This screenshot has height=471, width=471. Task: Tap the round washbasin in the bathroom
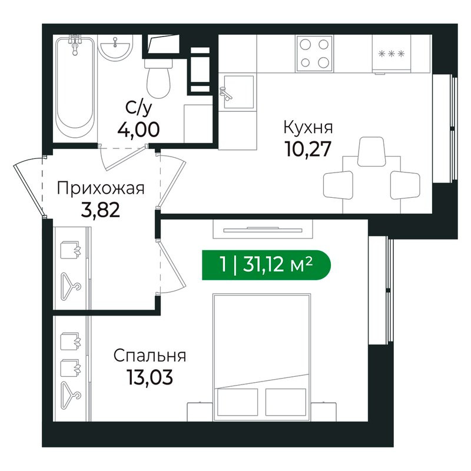coord(115,48)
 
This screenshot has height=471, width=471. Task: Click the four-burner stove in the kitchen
coord(314,54)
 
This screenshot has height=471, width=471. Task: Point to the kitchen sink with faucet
coord(238,92)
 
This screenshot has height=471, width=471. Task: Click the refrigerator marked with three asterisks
coord(391,54)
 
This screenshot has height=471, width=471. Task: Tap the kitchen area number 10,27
coord(308,149)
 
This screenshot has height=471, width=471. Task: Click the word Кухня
coord(308,127)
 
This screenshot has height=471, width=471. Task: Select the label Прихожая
coord(101,188)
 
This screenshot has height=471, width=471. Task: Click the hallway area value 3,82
coord(101,210)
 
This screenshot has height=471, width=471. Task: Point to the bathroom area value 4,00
coord(138,130)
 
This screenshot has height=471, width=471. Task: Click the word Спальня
coord(150,356)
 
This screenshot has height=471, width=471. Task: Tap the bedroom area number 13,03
coord(150,377)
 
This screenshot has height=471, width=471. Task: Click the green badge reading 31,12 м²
coord(266,265)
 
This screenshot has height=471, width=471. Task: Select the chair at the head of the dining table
coord(372,151)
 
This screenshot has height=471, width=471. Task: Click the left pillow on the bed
coord(237,402)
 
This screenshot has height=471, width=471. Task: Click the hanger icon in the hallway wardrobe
coord(71,287)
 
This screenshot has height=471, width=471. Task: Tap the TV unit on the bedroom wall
coord(263,229)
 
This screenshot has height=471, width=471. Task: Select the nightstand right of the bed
coord(323,412)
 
